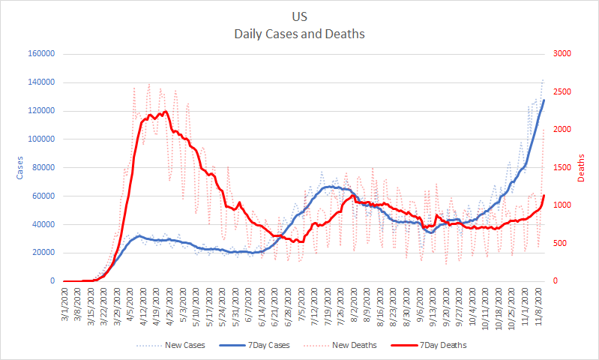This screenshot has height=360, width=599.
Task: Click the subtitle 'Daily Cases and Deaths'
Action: pyautogui.click(x=299, y=34)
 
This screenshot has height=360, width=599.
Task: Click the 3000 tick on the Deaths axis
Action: pyautogui.click(x=562, y=54)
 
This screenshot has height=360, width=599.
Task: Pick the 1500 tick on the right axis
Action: pyautogui.click(x=562, y=168)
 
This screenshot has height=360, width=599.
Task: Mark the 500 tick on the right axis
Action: pyautogui.click(x=559, y=244)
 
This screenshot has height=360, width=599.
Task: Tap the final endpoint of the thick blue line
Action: pyautogui.click(x=544, y=100)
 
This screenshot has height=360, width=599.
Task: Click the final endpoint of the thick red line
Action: pyautogui.click(x=544, y=196)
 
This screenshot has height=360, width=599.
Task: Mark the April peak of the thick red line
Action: pyautogui.click(x=165, y=111)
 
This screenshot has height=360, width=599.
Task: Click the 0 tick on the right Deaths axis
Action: pyautogui.click(x=556, y=281)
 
